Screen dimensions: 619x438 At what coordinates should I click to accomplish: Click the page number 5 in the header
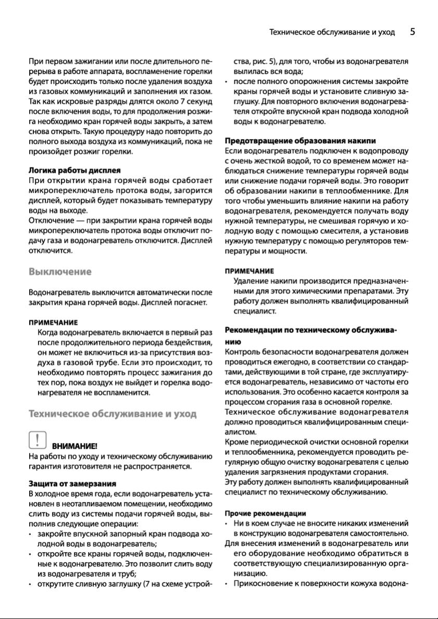[412, 32]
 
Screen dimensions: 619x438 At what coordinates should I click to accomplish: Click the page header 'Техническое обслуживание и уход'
[332, 32]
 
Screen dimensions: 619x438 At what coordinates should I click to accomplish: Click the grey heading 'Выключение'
[60, 271]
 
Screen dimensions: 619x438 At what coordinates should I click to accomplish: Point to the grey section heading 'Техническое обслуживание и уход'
[112, 414]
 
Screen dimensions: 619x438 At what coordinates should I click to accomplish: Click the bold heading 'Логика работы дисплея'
[74, 170]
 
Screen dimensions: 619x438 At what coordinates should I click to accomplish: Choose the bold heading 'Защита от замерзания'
[72, 484]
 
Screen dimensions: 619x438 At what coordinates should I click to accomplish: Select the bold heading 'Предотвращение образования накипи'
[301, 141]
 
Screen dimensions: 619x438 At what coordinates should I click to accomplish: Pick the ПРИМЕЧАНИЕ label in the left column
[53, 322]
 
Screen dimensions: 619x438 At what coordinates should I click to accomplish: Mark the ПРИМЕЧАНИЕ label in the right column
[249, 271]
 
